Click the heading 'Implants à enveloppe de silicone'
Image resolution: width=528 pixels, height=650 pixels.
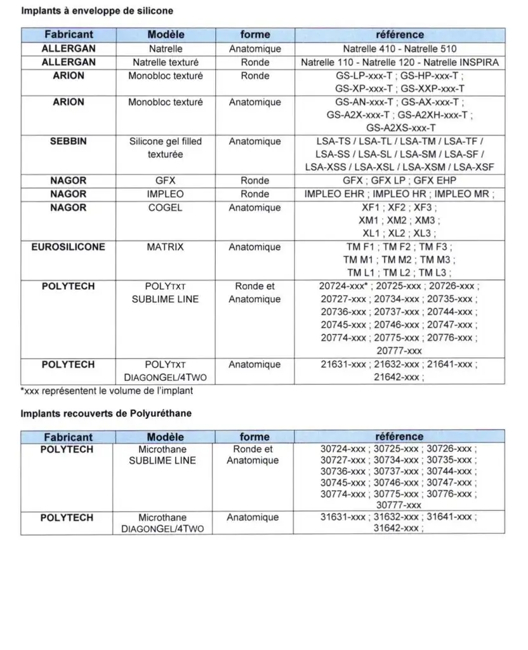tap(97, 11)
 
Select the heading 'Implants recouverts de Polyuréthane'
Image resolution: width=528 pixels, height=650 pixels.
tap(106, 413)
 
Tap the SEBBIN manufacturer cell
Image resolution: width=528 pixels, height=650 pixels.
tap(68, 142)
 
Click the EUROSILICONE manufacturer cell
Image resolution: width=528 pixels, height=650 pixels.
tap(68, 247)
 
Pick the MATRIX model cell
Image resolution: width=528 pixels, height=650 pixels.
tap(165, 247)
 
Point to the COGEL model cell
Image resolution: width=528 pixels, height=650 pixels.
tap(165, 208)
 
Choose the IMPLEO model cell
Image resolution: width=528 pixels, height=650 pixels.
tap(165, 194)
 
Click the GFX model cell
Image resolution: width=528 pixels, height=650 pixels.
tap(165, 181)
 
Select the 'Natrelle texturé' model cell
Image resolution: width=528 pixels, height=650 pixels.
tap(165, 63)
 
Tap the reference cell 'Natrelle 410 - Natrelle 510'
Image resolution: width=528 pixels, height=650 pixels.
tap(399, 49)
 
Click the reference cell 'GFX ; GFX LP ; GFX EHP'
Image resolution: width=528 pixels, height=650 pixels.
tap(399, 181)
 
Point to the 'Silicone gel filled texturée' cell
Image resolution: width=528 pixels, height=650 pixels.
tap(165, 148)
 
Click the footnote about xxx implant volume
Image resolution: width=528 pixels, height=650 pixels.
tap(107, 391)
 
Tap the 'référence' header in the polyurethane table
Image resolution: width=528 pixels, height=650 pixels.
tap(399, 437)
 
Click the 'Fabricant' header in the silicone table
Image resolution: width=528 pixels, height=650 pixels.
tap(68, 34)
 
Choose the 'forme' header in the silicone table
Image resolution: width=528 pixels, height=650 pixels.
tap(255, 34)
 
